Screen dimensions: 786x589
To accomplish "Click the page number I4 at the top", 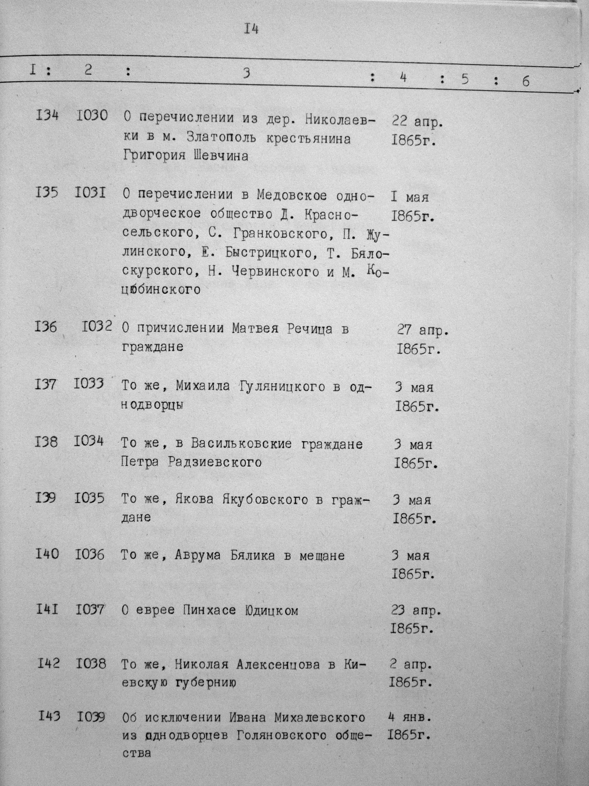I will point(251,29).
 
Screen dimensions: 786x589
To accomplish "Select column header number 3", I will point(246,73).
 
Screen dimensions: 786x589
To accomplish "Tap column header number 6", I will point(526,81).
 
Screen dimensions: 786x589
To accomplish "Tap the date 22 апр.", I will point(417,122).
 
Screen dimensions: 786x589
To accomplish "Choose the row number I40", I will point(47,554).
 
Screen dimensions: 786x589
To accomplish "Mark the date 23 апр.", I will point(416,611).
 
